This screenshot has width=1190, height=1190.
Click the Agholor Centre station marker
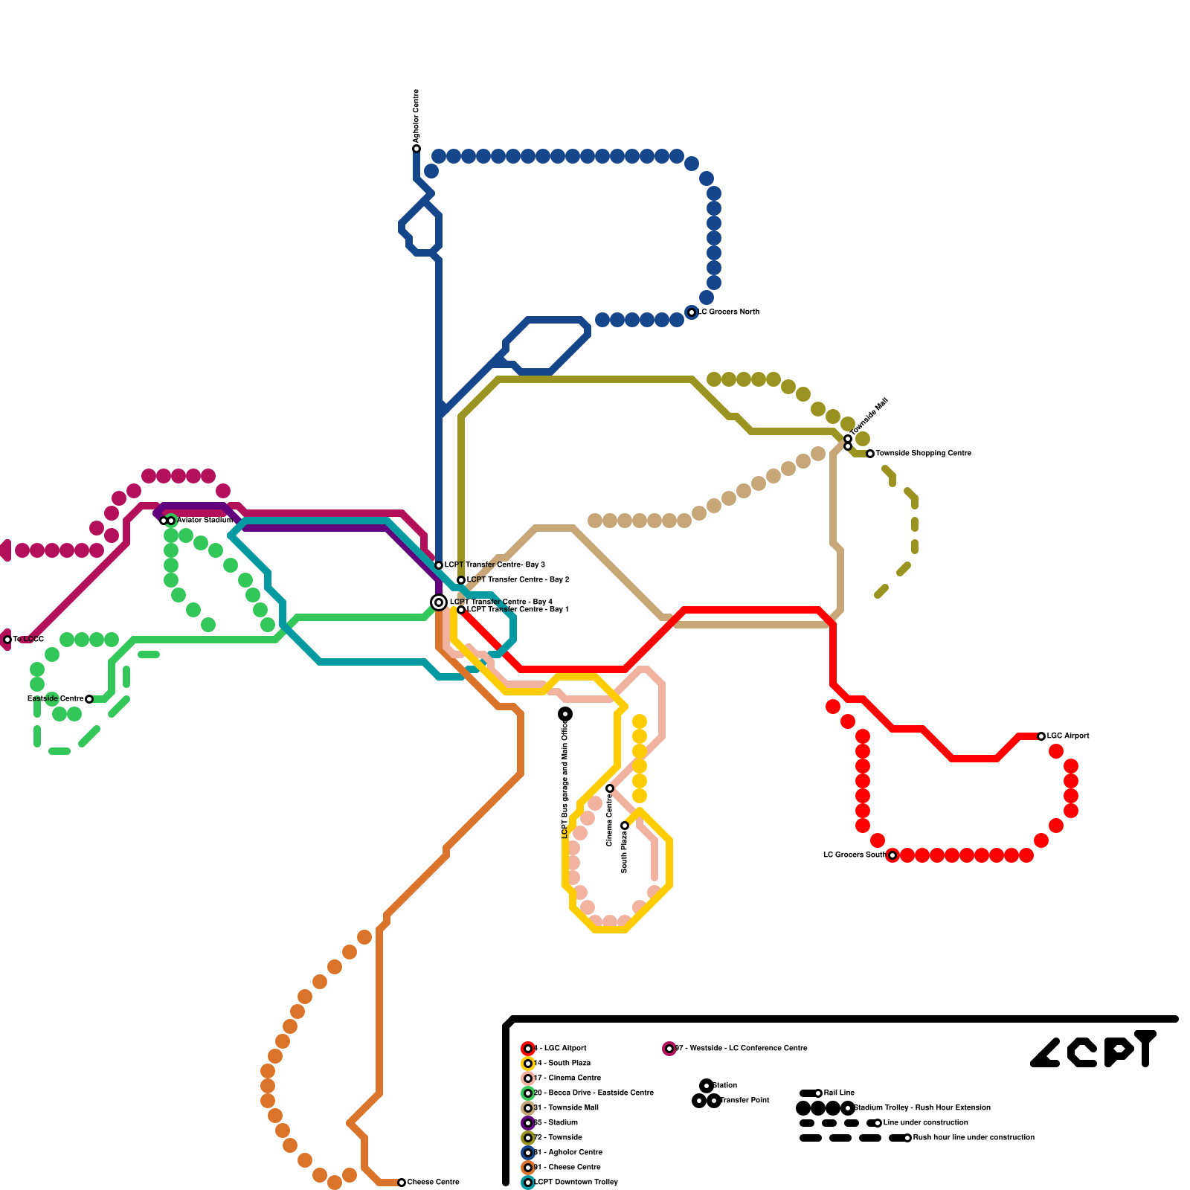pyautogui.click(x=416, y=149)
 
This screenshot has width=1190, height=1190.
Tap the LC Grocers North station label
pyautogui.click(x=729, y=312)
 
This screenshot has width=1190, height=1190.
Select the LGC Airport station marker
pyautogui.click(x=1041, y=736)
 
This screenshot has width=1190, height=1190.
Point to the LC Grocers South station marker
pyautogui.click(x=892, y=855)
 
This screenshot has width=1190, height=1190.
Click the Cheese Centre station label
pyautogui.click(x=433, y=1182)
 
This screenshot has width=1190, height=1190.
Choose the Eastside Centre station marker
pyautogui.click(x=89, y=699)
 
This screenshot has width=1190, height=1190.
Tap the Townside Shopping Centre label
pyautogui.click(x=923, y=453)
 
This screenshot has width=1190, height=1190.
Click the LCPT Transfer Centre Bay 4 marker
pyautogui.click(x=439, y=602)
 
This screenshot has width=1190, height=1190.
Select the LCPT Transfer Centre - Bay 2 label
pyautogui.click(x=518, y=579)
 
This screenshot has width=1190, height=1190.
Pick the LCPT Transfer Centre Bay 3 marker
pyautogui.click(x=439, y=565)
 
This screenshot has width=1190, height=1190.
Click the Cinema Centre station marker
pyautogui.click(x=610, y=788)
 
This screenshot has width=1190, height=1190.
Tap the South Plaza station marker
pyautogui.click(x=625, y=826)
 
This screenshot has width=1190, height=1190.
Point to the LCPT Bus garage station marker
pyautogui.click(x=565, y=714)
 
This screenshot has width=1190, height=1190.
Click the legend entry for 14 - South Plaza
pyautogui.click(x=562, y=1063)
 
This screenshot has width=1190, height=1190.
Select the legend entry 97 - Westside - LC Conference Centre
pyautogui.click(x=740, y=1048)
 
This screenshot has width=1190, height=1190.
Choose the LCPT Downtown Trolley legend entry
pyautogui.click(x=575, y=1182)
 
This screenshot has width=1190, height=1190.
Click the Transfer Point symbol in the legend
pyautogui.click(x=707, y=1101)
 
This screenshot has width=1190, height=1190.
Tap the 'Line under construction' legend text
pyautogui.click(x=925, y=1122)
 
